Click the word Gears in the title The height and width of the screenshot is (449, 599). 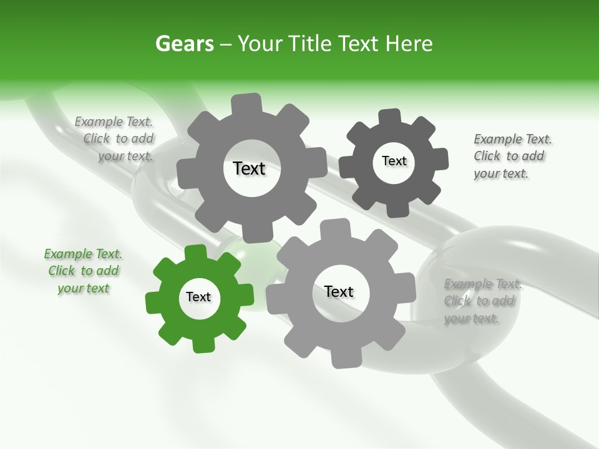(184, 44)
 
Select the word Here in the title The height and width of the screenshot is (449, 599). (409, 44)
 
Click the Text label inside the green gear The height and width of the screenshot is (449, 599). (198, 297)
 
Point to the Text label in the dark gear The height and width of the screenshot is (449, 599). (394, 161)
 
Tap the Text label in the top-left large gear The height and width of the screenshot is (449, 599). (249, 168)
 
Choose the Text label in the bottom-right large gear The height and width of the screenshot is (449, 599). (339, 291)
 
